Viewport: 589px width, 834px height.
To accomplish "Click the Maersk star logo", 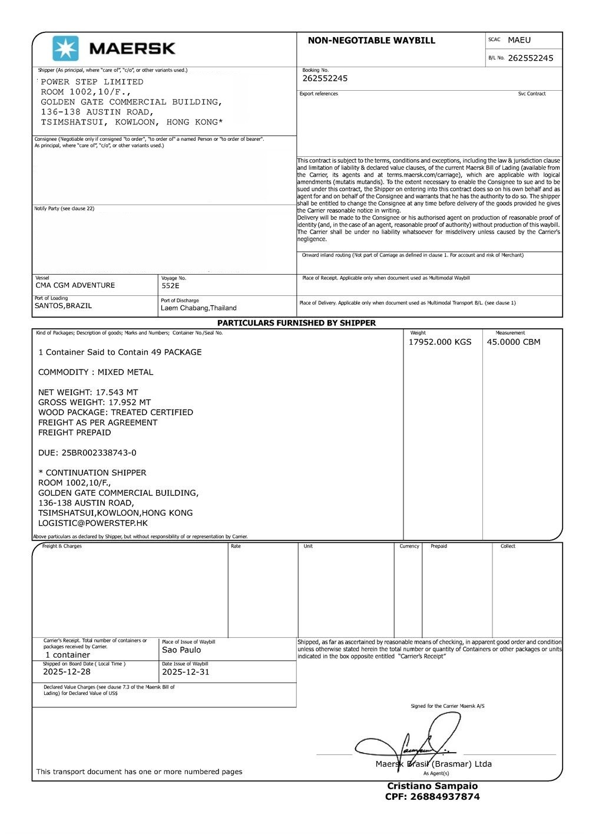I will (x=65, y=48).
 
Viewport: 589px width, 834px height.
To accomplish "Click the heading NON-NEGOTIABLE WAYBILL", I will (x=371, y=41).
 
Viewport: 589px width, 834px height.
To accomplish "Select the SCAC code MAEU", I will (x=519, y=40).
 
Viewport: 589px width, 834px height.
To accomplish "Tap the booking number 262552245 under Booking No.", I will (x=325, y=78).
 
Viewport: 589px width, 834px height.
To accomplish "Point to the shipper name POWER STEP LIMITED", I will (x=92, y=82).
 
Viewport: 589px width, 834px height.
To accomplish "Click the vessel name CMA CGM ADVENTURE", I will (x=75, y=285).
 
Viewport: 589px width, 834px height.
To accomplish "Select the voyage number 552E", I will (x=170, y=286).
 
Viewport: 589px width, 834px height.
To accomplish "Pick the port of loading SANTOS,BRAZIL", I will (x=63, y=306).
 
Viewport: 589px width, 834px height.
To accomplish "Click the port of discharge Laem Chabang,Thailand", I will (x=198, y=308).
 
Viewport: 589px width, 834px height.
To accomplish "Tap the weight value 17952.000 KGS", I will (x=440, y=342).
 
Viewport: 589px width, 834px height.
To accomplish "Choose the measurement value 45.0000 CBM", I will (x=513, y=342).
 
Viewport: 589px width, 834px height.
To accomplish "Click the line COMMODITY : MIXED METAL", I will (x=95, y=373).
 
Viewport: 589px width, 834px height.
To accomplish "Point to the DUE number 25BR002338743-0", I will (x=87, y=453).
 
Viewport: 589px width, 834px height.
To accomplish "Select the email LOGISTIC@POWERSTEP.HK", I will (x=93, y=523).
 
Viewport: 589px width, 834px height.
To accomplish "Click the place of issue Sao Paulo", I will (x=181, y=650).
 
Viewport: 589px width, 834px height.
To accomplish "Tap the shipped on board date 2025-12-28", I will (x=67, y=672).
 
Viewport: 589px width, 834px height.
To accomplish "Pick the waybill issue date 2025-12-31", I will (x=186, y=672).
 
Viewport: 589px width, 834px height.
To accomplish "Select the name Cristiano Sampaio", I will (x=432, y=786).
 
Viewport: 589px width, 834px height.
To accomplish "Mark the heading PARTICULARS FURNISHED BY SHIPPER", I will (x=296, y=323).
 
